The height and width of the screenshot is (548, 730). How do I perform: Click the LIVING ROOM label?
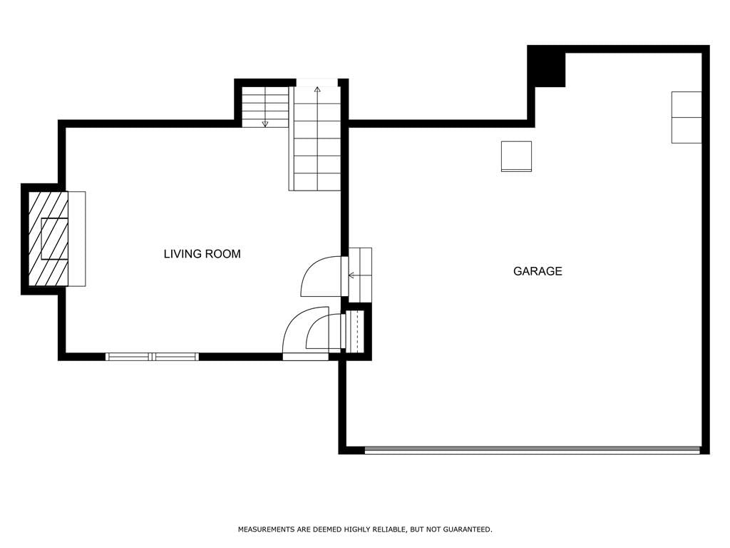[x=202, y=254]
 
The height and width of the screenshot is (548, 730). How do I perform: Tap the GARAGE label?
[x=538, y=271]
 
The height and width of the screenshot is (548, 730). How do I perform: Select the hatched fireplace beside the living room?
[x=48, y=238]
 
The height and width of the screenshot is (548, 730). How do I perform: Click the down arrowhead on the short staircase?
[x=265, y=124]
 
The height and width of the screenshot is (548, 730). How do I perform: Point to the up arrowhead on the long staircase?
[x=317, y=89]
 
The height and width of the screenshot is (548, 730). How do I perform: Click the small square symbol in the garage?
[x=516, y=156]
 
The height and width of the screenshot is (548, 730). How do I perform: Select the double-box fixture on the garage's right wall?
[x=687, y=118]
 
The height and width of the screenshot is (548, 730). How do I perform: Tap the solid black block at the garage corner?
[x=547, y=66]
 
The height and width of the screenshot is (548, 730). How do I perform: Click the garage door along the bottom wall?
[x=532, y=450]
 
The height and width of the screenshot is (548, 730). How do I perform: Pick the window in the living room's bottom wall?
[x=153, y=357]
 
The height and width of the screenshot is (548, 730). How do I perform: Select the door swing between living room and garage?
[x=321, y=276]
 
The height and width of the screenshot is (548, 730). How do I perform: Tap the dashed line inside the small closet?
[x=356, y=331]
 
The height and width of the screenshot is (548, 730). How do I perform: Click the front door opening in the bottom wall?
[x=305, y=357]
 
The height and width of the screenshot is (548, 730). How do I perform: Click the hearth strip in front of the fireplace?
[x=77, y=238]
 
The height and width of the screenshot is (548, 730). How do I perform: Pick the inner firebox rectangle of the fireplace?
[x=54, y=238]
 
